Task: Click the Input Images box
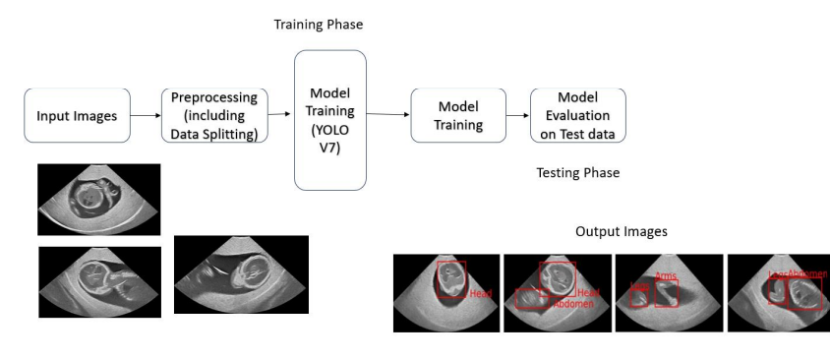tap(77, 116)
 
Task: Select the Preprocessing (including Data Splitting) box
tap(214, 116)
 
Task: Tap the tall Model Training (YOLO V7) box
tap(330, 119)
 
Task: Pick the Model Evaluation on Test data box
tap(577, 115)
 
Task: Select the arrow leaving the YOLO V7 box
tap(387, 115)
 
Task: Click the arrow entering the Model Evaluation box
tap(517, 116)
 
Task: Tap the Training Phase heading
tap(311, 23)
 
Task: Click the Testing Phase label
tap(577, 173)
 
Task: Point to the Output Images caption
tap(621, 232)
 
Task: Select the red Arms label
tap(666, 277)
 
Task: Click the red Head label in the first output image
tap(480, 294)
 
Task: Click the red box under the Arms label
tap(667, 293)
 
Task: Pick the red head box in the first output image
tap(451, 279)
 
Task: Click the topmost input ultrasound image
tap(98, 199)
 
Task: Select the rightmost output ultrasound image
tap(778, 293)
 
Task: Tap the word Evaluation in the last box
tap(577, 116)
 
